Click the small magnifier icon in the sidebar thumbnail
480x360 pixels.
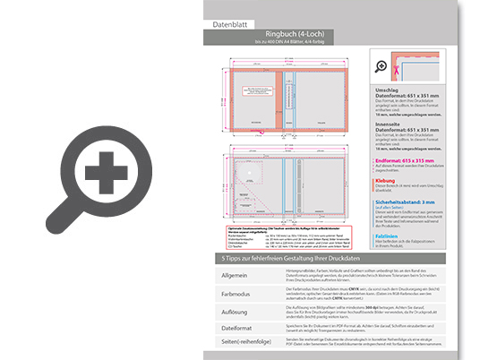(381, 66)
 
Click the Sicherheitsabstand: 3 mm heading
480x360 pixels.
(402, 202)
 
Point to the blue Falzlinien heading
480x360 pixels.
(381, 236)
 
